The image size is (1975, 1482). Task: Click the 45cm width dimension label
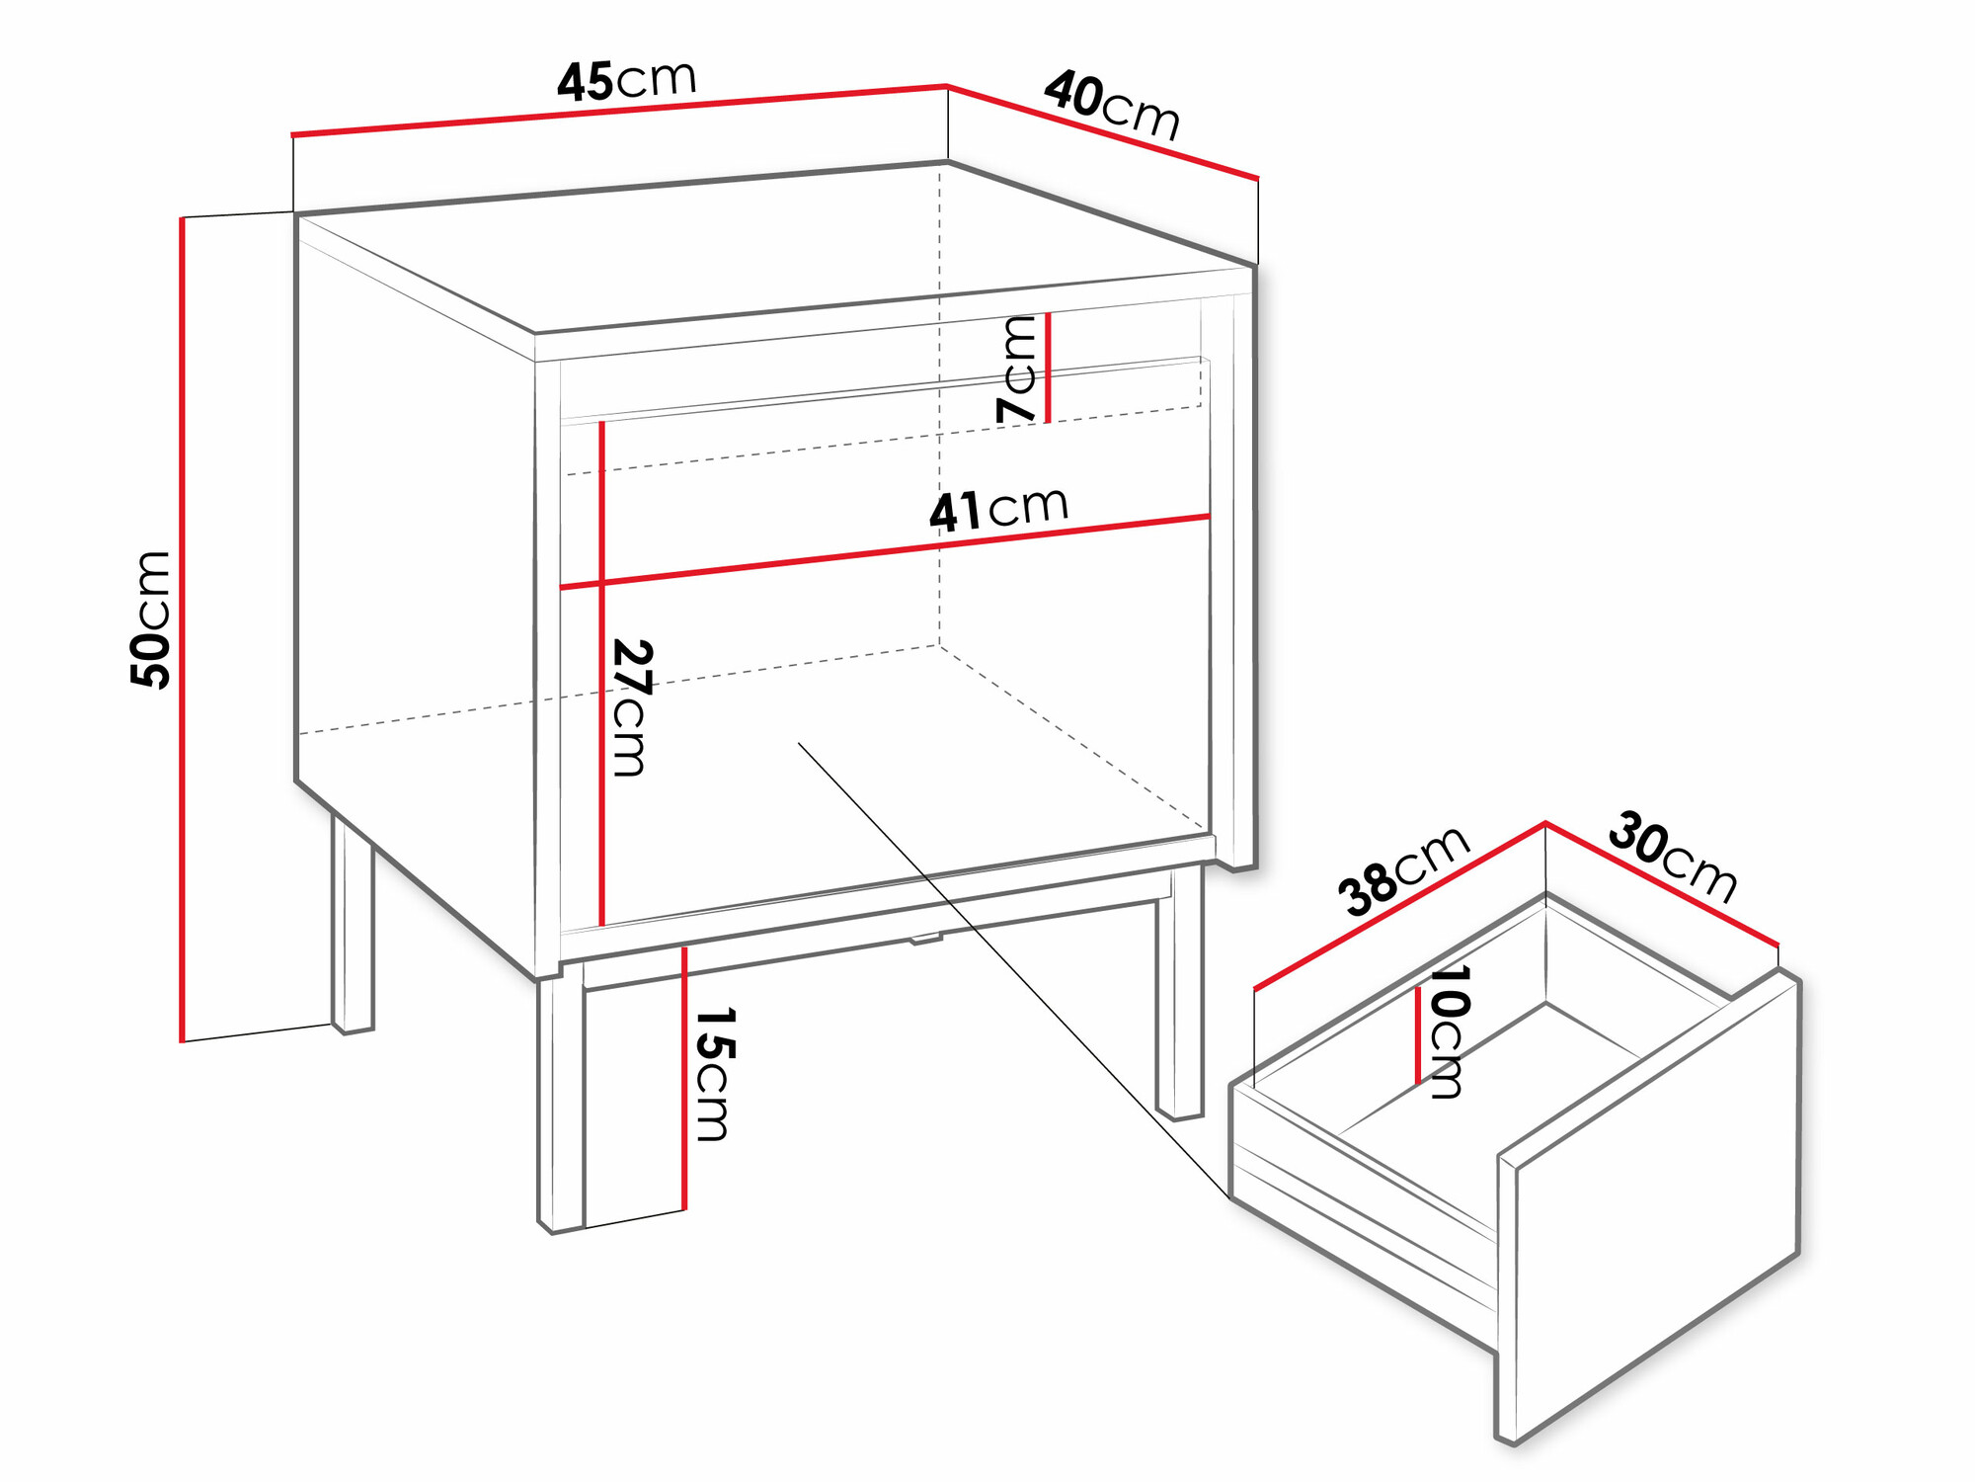pyautogui.click(x=627, y=80)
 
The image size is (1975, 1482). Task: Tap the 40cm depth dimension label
pyautogui.click(x=1112, y=105)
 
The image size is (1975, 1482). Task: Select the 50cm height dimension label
pyautogui.click(x=151, y=619)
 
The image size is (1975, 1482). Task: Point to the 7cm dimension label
pyautogui.click(x=1017, y=369)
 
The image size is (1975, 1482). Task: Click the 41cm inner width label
pyautogui.click(x=998, y=510)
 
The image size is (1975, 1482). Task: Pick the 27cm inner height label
pyautogui.click(x=631, y=707)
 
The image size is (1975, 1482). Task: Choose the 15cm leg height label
pyautogui.click(x=713, y=1074)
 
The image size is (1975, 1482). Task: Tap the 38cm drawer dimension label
pyautogui.click(x=1403, y=869)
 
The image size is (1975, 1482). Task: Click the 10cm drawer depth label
pyautogui.click(x=1448, y=1031)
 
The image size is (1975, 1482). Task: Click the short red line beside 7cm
pyautogui.click(x=1048, y=368)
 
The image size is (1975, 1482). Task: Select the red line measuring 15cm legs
pyautogui.click(x=683, y=1078)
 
